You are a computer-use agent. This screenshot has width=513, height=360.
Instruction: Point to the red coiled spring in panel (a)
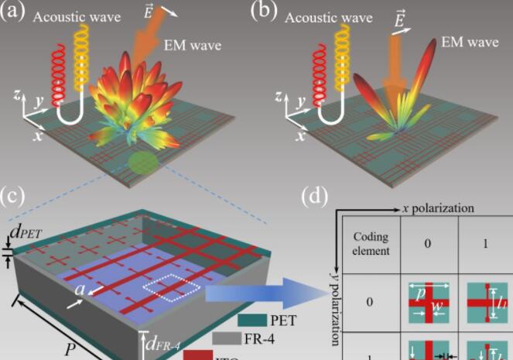[55, 74]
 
